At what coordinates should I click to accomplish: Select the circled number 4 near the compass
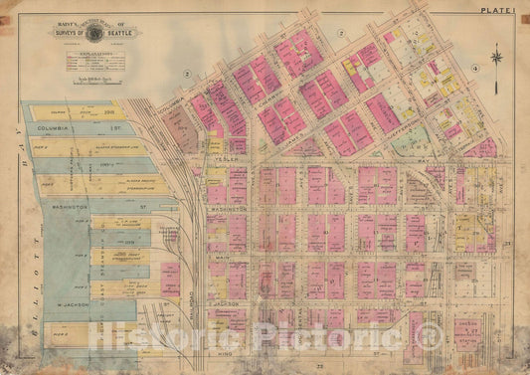[475, 68]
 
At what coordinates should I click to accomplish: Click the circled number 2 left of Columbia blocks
[185, 74]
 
